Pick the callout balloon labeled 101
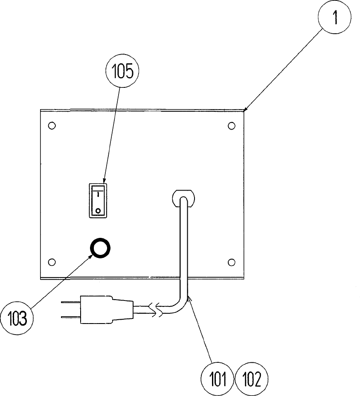point(218,379)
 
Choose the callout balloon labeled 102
point(251,379)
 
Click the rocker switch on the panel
point(98,200)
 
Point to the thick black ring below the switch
point(100,248)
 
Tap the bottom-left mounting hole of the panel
point(52,261)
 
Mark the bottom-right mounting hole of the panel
point(232,261)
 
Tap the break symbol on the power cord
point(157,310)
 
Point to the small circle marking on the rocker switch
point(98,210)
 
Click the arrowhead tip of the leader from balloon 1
point(244,112)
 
